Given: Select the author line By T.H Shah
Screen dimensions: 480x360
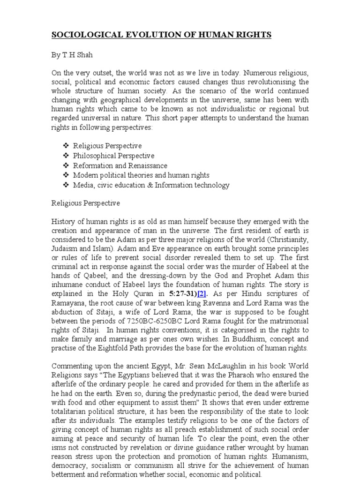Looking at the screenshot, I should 73,54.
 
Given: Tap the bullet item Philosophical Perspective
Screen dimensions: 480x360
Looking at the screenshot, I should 113,156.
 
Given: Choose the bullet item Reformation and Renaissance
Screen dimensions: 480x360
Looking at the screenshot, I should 120,165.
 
